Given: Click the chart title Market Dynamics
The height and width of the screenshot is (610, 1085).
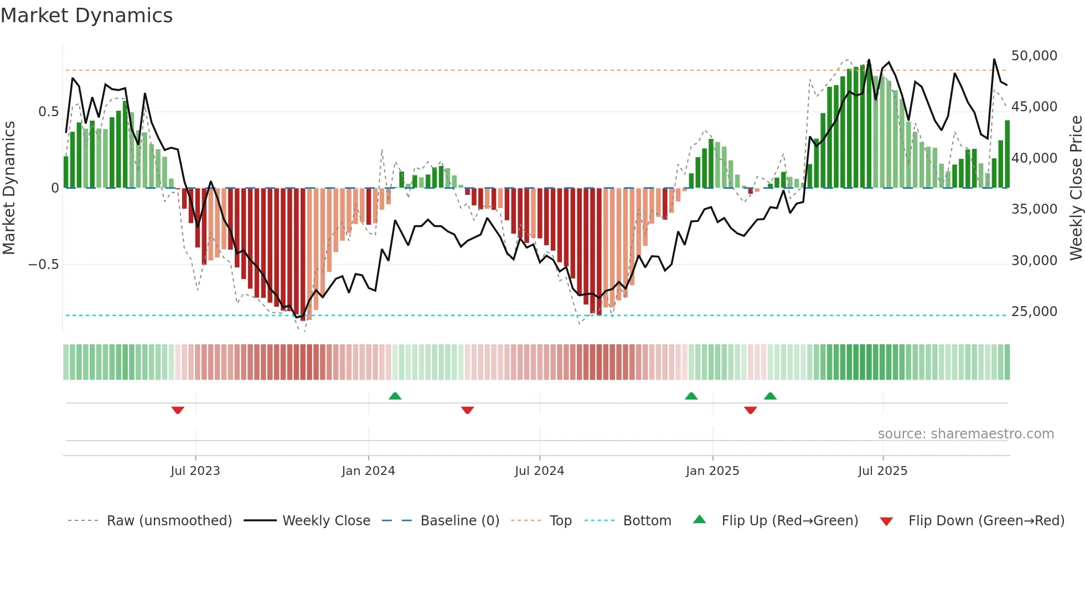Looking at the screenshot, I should [86, 15].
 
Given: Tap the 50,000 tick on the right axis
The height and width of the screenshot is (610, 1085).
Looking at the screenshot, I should [1034, 56].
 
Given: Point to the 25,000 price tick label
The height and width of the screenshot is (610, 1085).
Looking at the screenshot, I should [1034, 312].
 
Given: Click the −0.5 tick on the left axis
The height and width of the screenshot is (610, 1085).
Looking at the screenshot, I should [44, 265].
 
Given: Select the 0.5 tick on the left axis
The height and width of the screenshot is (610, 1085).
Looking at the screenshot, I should [48, 112].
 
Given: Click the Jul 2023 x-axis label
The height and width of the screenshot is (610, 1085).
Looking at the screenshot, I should [195, 471].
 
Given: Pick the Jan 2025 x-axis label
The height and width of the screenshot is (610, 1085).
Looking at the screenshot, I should [712, 471].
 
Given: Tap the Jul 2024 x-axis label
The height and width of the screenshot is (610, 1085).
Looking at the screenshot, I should [539, 471].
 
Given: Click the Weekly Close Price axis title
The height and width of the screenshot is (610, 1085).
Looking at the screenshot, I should [1076, 187].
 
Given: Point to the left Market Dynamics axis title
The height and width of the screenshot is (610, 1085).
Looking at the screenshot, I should [9, 187].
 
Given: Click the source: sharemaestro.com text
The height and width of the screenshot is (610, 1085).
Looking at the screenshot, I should [965, 434].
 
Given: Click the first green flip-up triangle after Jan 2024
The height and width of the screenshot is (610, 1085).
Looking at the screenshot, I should [395, 396].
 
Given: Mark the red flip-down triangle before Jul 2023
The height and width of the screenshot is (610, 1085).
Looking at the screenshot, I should [178, 410].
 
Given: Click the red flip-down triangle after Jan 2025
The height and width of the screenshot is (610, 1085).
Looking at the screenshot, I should [750, 410].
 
